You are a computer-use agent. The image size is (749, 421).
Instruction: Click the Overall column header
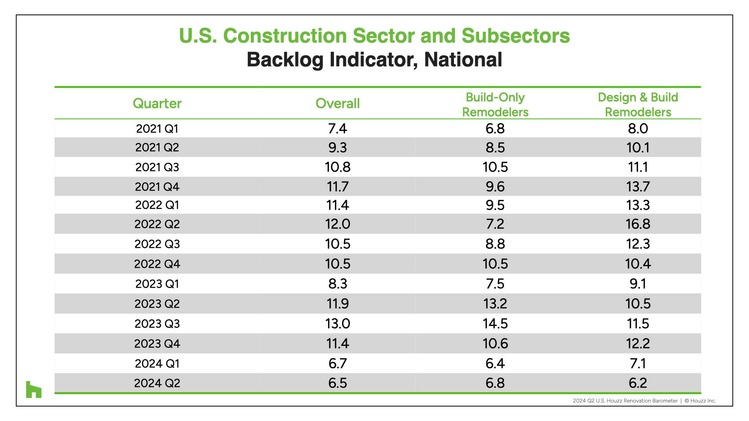[337, 103]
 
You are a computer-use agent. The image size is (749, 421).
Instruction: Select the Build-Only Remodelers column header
[495, 104]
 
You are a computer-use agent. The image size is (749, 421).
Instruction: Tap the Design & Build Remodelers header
[638, 104]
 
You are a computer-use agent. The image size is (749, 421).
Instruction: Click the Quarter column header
[157, 103]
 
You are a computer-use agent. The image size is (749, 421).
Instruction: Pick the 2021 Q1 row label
[157, 129]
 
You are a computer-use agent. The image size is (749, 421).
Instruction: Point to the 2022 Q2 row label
[157, 224]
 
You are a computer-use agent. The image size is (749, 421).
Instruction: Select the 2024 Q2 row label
[157, 383]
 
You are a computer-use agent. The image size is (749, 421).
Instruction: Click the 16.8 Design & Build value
[638, 224]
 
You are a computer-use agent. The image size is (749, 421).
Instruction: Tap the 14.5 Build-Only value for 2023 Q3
[495, 324]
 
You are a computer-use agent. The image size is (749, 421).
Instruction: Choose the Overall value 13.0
[337, 324]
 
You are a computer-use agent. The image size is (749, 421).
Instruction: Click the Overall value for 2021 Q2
[337, 148]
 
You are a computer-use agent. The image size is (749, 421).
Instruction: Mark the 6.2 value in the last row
[638, 383]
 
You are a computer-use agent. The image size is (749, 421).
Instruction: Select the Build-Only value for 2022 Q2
[495, 224]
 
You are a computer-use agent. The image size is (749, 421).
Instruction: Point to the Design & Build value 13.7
[638, 187]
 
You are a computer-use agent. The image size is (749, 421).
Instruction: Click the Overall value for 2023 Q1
[337, 284]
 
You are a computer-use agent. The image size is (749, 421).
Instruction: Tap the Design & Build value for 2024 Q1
[638, 364]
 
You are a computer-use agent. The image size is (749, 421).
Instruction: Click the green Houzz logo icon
[34, 389]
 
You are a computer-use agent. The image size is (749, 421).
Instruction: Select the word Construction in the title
[285, 36]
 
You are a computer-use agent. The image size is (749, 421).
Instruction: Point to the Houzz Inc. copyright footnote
[700, 401]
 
